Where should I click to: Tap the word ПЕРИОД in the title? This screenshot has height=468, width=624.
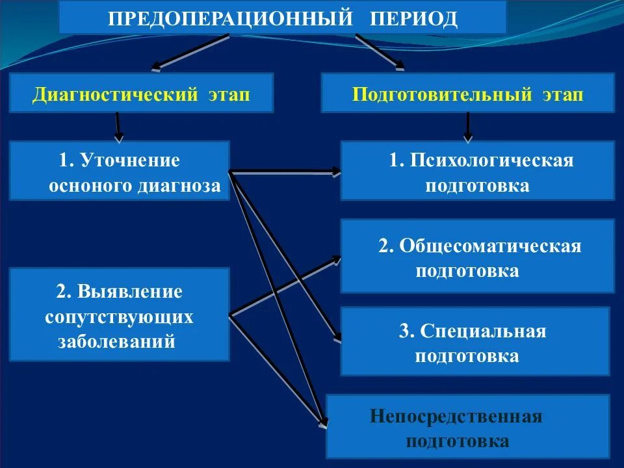tap(414, 18)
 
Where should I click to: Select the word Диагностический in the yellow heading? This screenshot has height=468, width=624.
tap(116, 95)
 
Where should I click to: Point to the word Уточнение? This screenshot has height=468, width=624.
tap(129, 160)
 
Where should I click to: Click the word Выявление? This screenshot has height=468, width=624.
tap(131, 291)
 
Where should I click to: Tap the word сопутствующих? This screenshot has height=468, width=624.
tap(119, 317)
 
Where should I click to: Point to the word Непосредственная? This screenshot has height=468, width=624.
tap(456, 416)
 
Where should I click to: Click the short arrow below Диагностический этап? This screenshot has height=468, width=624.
tap(118, 127)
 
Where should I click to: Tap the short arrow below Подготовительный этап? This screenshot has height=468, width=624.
tap(467, 127)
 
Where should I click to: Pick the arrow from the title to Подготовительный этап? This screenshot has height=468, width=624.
tap(380, 52)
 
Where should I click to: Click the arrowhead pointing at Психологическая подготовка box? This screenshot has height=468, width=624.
tap(335, 172)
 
